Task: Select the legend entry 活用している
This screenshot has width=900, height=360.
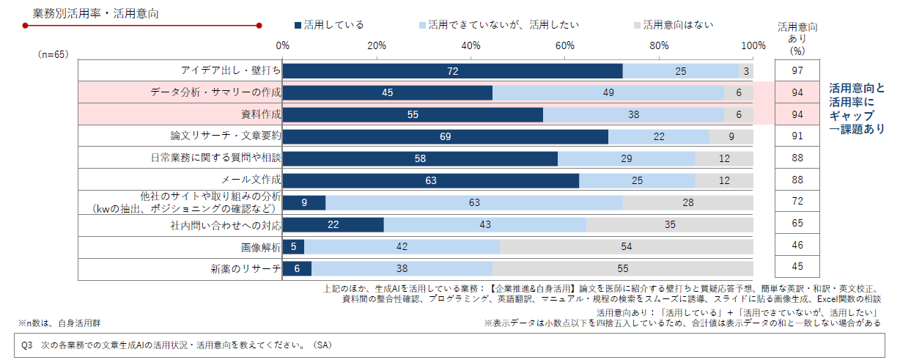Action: [329, 25]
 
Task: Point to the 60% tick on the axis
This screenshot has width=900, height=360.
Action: [565, 45]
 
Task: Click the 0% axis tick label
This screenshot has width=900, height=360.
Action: [283, 45]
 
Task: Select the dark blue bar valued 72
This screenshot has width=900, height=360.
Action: [452, 71]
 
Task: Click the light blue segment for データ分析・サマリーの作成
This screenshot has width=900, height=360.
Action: [608, 93]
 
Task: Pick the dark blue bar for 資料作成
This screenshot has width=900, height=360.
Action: [413, 115]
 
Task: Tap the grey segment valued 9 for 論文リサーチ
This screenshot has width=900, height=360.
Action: [731, 137]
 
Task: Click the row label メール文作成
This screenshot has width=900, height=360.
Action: [251, 180]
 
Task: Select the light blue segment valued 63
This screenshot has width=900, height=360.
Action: [474, 202]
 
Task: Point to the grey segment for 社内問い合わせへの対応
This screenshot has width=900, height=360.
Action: [670, 224]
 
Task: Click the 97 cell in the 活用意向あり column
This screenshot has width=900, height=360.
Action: [798, 70]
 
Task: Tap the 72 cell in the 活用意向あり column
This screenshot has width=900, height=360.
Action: [798, 202]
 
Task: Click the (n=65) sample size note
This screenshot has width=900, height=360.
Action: [53, 54]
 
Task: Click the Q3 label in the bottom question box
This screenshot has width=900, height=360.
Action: [30, 344]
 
